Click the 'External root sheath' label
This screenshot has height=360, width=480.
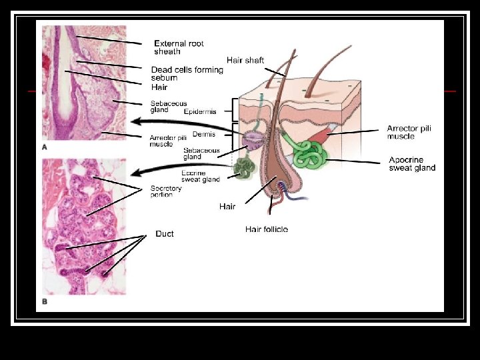coord(179,47)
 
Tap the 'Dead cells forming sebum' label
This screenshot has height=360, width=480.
coord(187,73)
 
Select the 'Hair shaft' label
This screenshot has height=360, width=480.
coord(245,60)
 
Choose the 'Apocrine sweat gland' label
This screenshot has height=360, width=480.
coord(412,163)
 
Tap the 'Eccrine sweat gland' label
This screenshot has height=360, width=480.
coord(201,176)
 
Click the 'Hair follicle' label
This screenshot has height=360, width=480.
coord(267,229)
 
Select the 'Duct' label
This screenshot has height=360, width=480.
coord(164,234)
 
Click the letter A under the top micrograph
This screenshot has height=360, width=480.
coord(45,147)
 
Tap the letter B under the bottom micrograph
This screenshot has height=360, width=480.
coord(45,301)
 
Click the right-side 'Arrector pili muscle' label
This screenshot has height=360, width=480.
coord(410,132)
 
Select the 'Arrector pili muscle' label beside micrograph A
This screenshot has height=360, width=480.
coord(167,140)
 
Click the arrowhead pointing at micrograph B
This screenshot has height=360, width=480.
coord(135,173)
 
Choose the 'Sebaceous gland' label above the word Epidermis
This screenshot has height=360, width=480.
coord(169,107)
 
